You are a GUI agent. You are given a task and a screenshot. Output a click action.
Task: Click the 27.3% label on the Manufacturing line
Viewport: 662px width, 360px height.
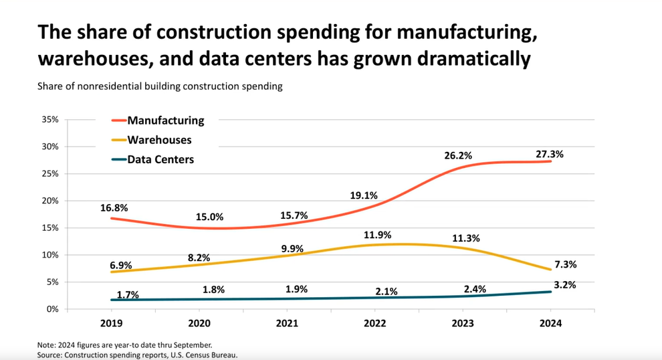coord(549,154)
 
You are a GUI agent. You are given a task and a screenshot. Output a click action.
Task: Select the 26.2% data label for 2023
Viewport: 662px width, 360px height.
coord(459,155)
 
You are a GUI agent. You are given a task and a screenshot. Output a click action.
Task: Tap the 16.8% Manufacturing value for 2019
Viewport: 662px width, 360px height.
coord(114,207)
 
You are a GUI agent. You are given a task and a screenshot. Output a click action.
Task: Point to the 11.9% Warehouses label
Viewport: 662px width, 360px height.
coord(378,235)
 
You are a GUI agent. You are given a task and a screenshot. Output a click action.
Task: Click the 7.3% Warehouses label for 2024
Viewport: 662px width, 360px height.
coord(565,264)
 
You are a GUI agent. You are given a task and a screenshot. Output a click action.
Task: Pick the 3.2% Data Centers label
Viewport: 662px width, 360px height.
coord(565,285)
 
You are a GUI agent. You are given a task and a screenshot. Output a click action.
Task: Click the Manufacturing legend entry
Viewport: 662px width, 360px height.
coord(165,120)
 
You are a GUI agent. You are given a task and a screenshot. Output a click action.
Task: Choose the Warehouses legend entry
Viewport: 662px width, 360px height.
coord(159,140)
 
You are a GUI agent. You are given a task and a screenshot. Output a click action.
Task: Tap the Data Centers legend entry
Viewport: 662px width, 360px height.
coord(160,159)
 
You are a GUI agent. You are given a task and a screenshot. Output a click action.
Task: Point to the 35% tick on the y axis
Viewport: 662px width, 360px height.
coord(50,119)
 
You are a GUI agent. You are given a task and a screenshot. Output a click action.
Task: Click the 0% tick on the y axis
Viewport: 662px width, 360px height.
coord(53,309)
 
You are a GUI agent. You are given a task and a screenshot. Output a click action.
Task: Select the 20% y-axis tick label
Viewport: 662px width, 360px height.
coord(50,201)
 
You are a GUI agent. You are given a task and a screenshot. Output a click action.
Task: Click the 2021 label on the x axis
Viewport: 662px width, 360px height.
coord(287,324)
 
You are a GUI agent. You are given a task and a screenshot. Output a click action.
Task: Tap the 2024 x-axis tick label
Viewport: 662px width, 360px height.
coord(550,324)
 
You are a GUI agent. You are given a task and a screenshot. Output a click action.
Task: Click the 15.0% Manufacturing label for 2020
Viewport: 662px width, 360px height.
coord(210,217)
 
